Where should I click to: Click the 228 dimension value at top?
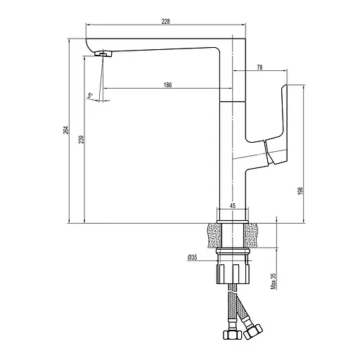tap(165, 22)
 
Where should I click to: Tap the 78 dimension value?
tap(260, 67)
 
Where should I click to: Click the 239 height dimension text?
tap(82, 139)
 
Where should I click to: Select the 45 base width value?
tap(232, 206)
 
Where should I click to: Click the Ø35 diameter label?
tap(192, 258)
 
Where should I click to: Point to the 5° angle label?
tap(91, 95)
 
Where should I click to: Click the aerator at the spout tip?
tap(103, 53)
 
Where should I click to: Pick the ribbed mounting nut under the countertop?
tap(232, 271)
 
